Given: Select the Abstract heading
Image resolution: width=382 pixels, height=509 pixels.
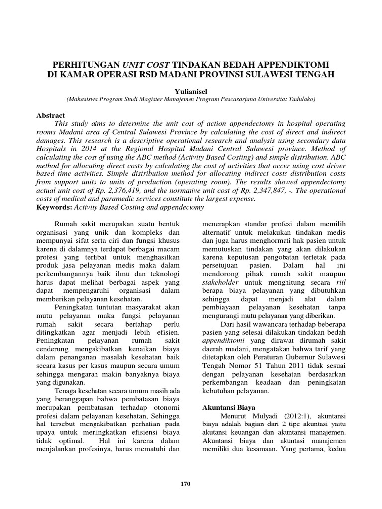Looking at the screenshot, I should [51, 115].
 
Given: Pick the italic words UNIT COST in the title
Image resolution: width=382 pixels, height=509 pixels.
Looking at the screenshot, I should [148, 65].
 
